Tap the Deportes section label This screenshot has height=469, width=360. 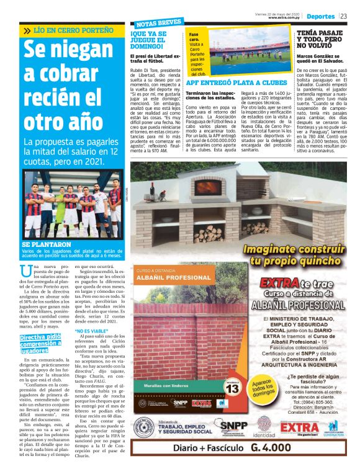[321, 16]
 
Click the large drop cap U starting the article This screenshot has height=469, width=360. [26, 271]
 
